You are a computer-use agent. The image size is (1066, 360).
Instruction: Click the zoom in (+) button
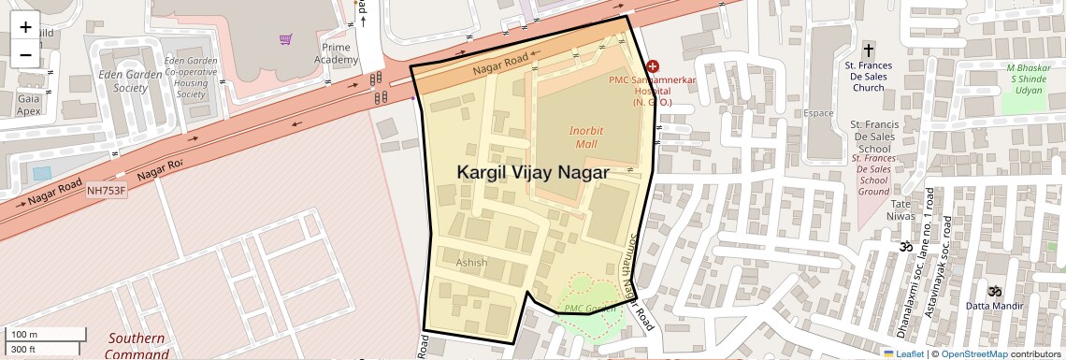[x=25, y=27]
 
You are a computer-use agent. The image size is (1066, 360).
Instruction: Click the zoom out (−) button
[x=25, y=54]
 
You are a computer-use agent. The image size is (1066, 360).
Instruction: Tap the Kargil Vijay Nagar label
[x=533, y=173]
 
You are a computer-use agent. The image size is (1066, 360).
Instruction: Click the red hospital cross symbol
[x=653, y=67]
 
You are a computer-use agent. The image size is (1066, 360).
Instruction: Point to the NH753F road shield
[x=106, y=191]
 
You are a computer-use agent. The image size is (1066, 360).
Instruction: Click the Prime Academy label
[x=336, y=53]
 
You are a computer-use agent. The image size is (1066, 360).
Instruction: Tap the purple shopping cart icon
[x=285, y=39]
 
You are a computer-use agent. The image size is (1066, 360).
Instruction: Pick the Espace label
[x=818, y=113]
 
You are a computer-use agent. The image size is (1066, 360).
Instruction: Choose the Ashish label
[x=471, y=263]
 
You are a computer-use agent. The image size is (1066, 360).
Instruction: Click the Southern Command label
[x=137, y=346]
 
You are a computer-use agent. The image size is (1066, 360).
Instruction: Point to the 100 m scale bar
[x=47, y=335]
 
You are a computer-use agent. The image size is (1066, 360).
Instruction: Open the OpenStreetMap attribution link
[x=974, y=353]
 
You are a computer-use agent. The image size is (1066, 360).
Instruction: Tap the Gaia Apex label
[x=28, y=104]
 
